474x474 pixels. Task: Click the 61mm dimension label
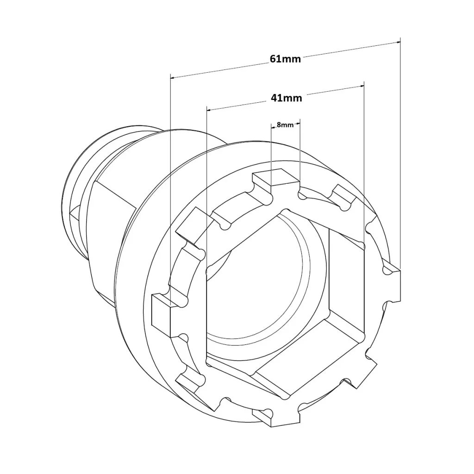(x=285, y=59)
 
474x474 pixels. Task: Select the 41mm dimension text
(x=286, y=98)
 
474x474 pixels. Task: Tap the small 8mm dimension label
(x=285, y=125)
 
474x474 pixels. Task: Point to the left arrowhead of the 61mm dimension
(x=173, y=77)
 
